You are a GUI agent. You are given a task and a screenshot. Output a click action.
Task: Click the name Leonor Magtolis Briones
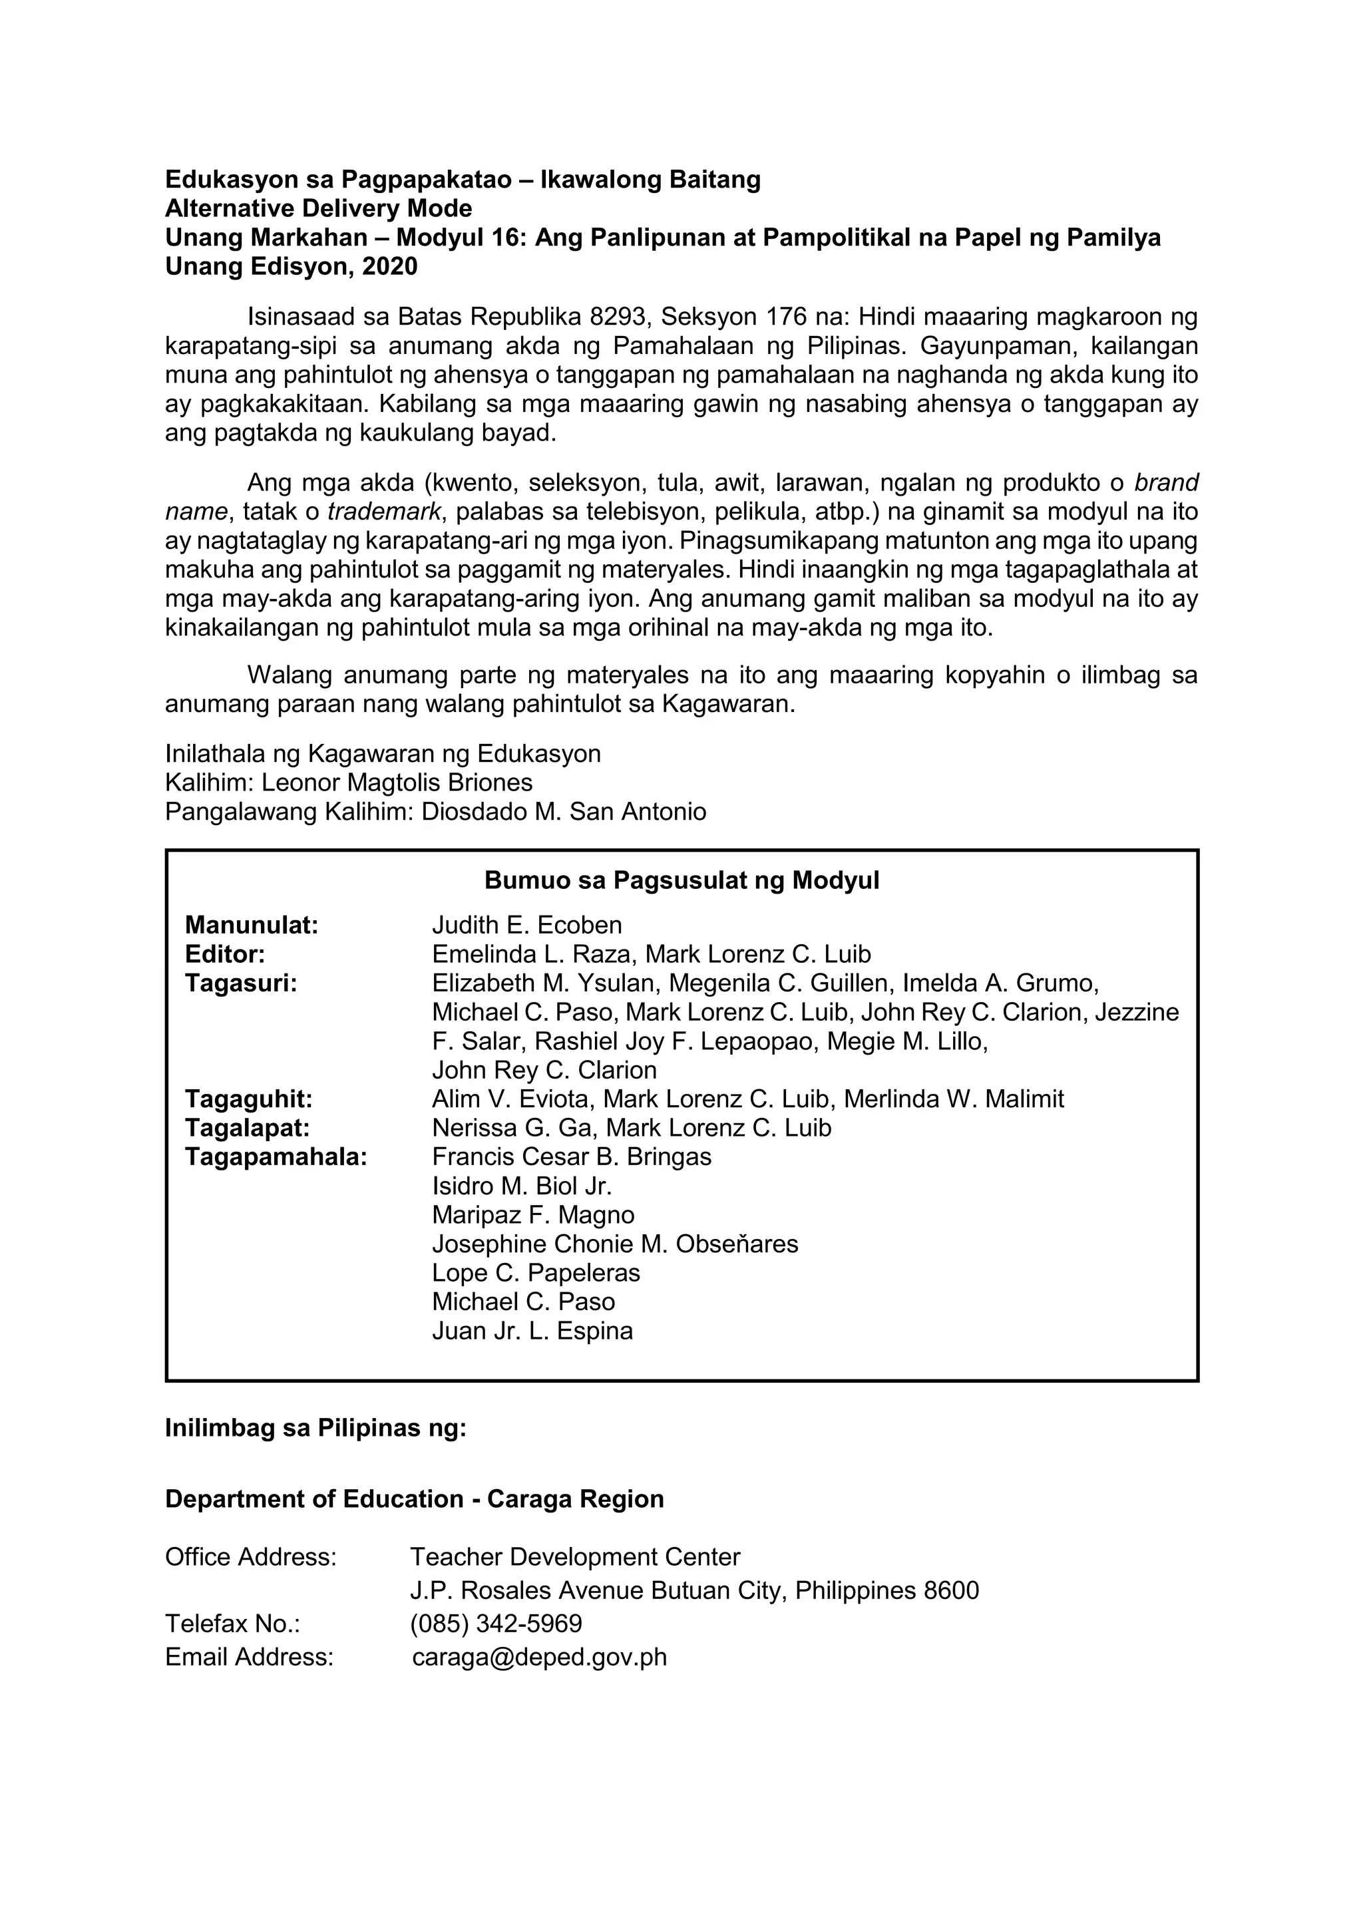coord(397,783)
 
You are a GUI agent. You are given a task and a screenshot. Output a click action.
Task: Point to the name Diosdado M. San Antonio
coord(563,812)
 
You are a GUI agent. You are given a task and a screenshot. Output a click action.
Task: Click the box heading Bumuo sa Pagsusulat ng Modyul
coord(681,880)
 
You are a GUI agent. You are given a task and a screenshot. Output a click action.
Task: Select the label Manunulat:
coord(252,925)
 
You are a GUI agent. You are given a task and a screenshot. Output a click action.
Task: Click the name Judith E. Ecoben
coord(527,925)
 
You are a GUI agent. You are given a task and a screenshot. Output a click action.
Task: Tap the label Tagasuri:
coord(241,983)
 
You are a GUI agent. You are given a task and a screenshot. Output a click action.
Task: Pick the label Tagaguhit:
coord(248,1099)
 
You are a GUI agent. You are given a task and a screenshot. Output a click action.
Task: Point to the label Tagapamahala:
coord(276,1156)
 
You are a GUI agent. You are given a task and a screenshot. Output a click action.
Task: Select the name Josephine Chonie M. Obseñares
coord(615,1243)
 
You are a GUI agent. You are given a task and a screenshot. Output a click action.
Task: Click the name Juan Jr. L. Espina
coord(532,1330)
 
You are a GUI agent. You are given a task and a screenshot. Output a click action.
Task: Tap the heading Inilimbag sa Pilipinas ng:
coord(315,1428)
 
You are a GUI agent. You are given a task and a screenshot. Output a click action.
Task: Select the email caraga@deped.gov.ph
coord(540,1657)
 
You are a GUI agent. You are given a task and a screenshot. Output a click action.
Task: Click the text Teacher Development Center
coord(575,1557)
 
